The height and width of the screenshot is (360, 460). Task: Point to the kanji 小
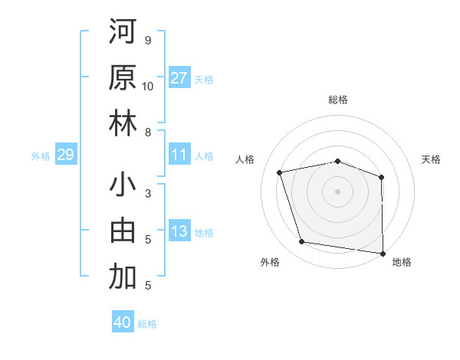point(123,185)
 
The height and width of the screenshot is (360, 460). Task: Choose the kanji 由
point(123,231)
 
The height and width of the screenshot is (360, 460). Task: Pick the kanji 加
point(123,277)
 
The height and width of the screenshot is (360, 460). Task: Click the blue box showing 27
point(179,78)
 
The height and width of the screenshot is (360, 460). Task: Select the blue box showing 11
point(179,155)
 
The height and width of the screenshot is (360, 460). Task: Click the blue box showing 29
point(65,155)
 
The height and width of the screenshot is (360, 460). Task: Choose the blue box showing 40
point(123,322)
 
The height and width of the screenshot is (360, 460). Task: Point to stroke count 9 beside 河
point(148,40)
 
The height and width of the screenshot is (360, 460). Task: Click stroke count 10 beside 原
point(148,86)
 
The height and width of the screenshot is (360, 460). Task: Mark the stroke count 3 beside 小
point(148,194)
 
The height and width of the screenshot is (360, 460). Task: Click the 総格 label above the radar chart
point(338,100)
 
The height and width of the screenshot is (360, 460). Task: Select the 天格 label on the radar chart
point(432,159)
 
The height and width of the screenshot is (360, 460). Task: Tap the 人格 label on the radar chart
point(245,159)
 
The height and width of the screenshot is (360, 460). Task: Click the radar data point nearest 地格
point(383,253)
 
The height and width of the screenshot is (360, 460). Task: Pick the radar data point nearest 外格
point(302,242)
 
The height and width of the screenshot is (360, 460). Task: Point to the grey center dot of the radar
point(338,191)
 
